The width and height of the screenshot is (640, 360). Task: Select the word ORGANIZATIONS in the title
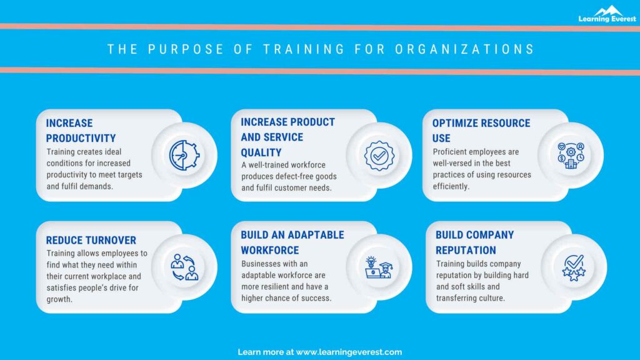pyautogui.click(x=465, y=49)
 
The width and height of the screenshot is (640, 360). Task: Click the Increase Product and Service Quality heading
pyautogui.click(x=287, y=137)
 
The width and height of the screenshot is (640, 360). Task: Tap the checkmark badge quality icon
pyautogui.click(x=379, y=155)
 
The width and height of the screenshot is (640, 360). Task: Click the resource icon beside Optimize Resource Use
pyautogui.click(x=571, y=155)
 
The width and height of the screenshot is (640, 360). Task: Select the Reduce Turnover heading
pyautogui.click(x=91, y=240)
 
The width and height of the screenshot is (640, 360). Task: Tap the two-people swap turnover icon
pyautogui.click(x=184, y=267)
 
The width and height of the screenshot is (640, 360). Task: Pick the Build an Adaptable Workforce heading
pyautogui.click(x=292, y=242)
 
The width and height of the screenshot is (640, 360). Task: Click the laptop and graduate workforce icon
pyautogui.click(x=379, y=267)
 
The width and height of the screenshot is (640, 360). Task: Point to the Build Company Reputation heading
pyautogui.click(x=474, y=242)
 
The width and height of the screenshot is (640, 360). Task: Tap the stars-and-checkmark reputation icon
pyautogui.click(x=573, y=267)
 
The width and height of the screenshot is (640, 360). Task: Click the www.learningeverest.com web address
pyautogui.click(x=349, y=352)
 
